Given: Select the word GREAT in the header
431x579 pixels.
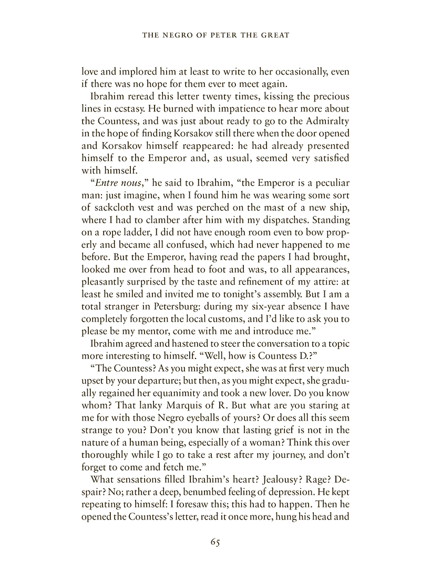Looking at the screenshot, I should pos(275,36).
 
